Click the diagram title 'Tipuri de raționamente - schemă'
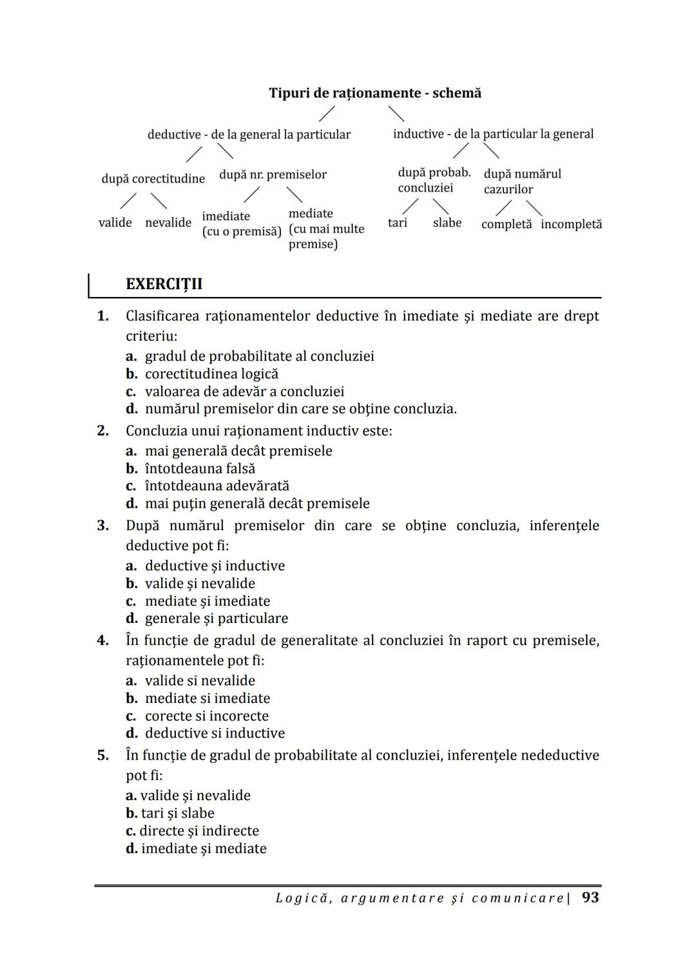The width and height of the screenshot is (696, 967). (374, 93)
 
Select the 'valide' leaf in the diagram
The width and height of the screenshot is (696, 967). (115, 223)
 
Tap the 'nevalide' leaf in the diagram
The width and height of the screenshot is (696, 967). (168, 223)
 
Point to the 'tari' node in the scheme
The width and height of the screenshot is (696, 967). (398, 223)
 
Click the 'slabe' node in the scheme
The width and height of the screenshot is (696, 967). (447, 223)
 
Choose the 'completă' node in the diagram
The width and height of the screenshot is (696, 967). (507, 224)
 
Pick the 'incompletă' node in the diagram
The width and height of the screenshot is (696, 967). (571, 224)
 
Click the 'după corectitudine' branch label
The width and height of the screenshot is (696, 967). (153, 178)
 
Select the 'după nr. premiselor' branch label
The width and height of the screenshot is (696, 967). (273, 175)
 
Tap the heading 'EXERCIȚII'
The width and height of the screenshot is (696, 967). (164, 284)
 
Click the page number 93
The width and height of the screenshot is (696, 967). (590, 897)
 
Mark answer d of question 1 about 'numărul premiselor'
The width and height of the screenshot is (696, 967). (300, 409)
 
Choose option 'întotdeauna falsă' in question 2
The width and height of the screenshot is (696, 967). (200, 468)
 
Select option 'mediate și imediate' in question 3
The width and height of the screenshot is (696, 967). (208, 601)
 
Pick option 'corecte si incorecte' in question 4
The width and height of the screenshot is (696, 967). (206, 716)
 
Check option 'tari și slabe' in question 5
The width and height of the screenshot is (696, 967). (177, 813)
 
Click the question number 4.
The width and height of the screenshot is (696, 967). (102, 640)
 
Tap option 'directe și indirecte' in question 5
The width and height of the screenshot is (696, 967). (198, 831)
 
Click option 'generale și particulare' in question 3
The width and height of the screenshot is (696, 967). (217, 618)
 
